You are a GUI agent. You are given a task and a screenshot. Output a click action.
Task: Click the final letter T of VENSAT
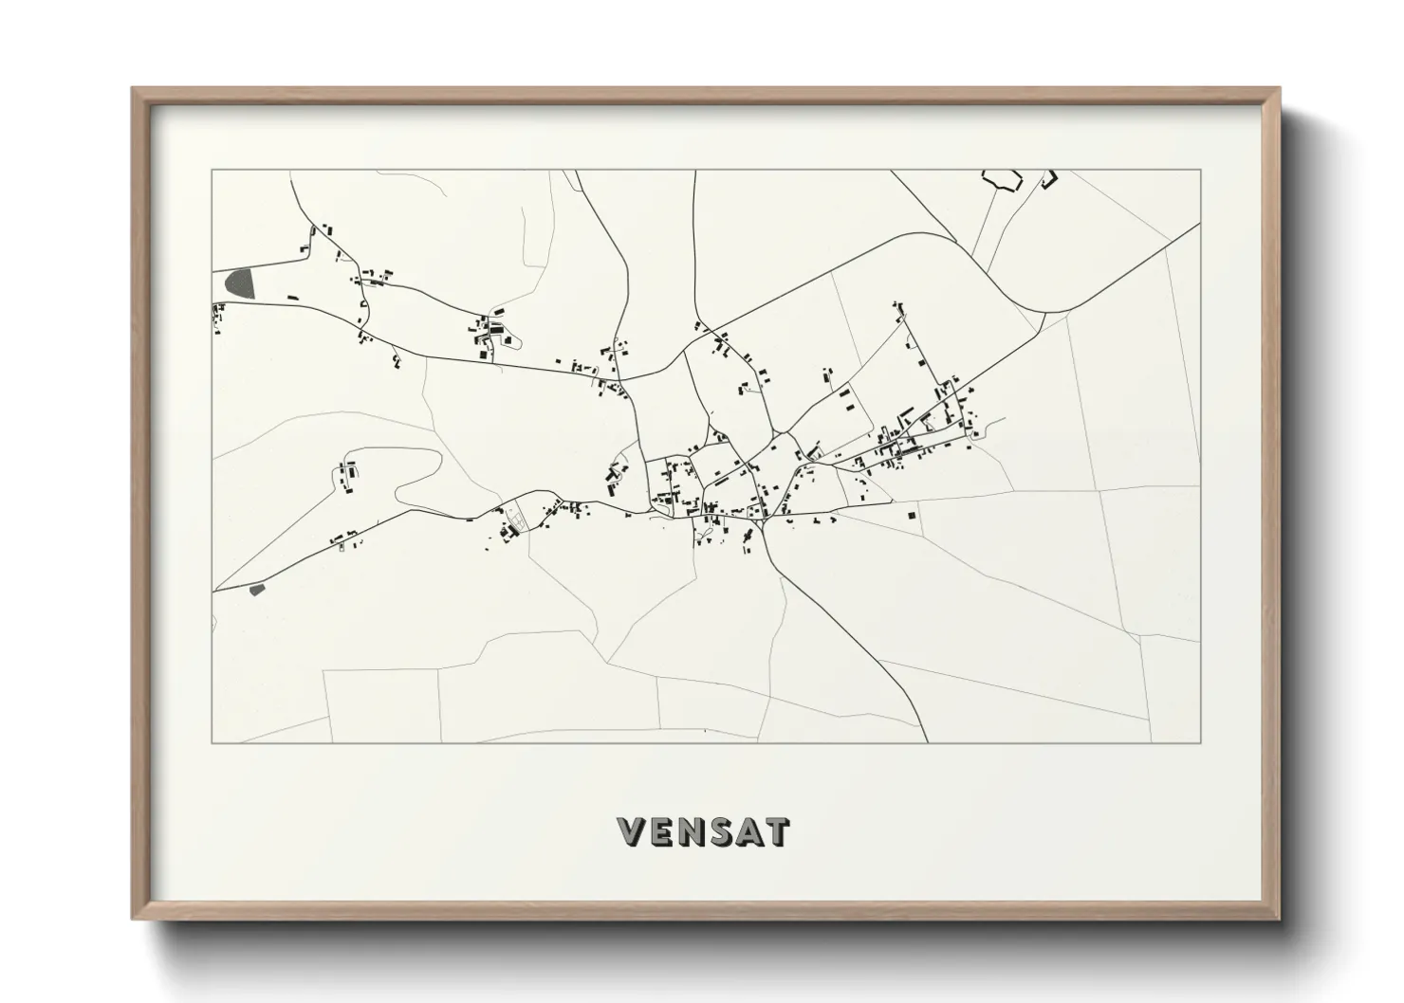(778, 831)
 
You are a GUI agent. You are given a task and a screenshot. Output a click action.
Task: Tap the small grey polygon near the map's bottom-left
(255, 590)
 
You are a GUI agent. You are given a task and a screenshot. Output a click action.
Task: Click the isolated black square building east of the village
(912, 515)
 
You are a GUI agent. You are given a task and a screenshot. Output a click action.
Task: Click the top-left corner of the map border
(212, 171)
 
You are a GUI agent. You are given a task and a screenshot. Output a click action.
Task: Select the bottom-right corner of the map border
(1200, 742)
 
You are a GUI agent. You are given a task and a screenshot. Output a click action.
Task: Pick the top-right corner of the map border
(1200, 171)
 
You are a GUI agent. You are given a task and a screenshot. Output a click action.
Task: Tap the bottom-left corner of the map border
(212, 742)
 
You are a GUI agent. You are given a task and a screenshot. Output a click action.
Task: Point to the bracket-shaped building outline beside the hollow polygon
(1049, 178)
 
